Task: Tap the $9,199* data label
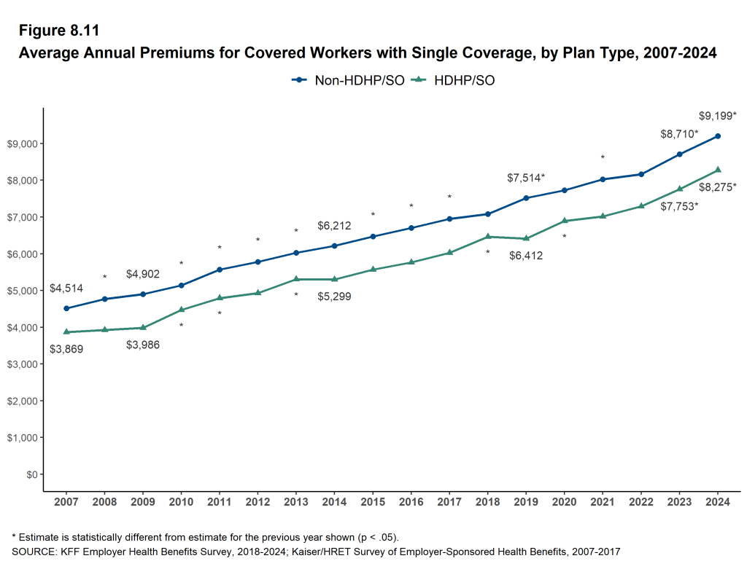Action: click(718, 115)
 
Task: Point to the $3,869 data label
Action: click(66, 349)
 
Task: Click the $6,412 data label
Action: click(526, 256)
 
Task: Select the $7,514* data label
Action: click(526, 178)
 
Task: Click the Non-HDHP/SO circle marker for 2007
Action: click(66, 308)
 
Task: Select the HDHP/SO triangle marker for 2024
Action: click(718, 170)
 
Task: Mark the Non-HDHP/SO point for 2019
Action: click(526, 197)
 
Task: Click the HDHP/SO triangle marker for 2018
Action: click(488, 236)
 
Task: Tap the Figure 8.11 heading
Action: click(59, 31)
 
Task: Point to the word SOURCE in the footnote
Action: click(35, 552)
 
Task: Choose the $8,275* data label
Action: click(718, 187)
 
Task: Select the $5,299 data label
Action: click(335, 297)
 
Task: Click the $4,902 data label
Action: click(143, 274)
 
